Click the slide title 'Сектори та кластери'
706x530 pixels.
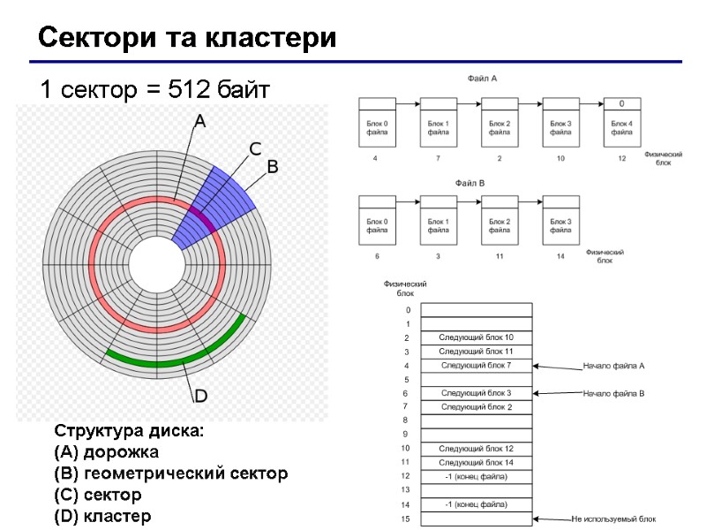tap(186, 39)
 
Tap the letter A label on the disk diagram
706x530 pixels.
tap(200, 122)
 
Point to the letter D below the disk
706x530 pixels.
tap(200, 394)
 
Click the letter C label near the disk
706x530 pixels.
tap(254, 148)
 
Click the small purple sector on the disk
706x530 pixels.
tap(201, 217)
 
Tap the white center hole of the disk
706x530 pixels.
tap(155, 262)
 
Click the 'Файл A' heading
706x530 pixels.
tap(482, 79)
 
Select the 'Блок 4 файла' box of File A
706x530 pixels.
tap(621, 127)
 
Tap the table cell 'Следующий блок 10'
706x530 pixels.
tap(477, 337)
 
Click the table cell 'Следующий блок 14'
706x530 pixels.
tap(477, 462)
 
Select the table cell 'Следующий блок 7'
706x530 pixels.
tap(477, 365)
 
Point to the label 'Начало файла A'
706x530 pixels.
tap(614, 365)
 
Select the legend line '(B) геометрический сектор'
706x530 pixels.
tap(171, 473)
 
